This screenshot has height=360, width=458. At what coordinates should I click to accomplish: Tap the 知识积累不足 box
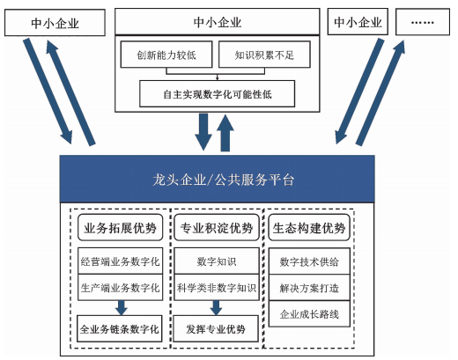257,55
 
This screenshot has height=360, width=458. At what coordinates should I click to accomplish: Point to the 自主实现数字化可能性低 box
217,92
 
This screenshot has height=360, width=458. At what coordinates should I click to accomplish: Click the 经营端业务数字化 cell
120,261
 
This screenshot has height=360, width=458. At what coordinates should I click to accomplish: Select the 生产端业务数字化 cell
120,287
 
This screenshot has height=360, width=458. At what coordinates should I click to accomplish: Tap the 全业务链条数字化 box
120,330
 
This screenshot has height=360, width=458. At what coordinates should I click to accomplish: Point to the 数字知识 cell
216,261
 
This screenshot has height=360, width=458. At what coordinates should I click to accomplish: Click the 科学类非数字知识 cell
216,287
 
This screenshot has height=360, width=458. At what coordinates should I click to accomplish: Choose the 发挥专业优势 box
216,330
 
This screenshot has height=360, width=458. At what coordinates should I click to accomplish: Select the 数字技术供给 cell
308,261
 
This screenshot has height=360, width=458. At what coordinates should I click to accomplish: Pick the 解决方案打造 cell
308,287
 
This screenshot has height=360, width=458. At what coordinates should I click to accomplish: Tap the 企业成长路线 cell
308,312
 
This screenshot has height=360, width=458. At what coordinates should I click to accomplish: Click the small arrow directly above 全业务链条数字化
120,307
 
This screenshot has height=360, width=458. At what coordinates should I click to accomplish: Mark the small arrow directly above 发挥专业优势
216,307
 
